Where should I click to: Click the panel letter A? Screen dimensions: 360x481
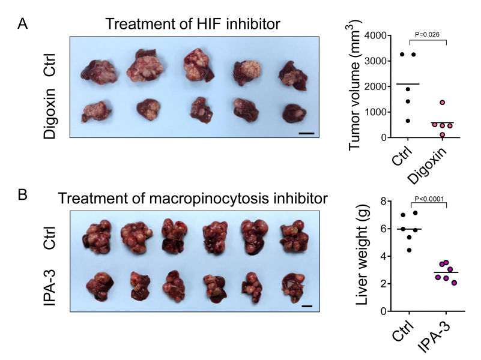click(x=22, y=25)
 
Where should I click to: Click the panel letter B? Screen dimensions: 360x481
click(x=22, y=195)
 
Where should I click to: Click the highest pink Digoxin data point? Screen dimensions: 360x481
click(x=442, y=103)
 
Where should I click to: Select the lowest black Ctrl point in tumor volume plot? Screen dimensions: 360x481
click(x=409, y=121)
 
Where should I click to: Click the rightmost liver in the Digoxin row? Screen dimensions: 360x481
click(x=293, y=112)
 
